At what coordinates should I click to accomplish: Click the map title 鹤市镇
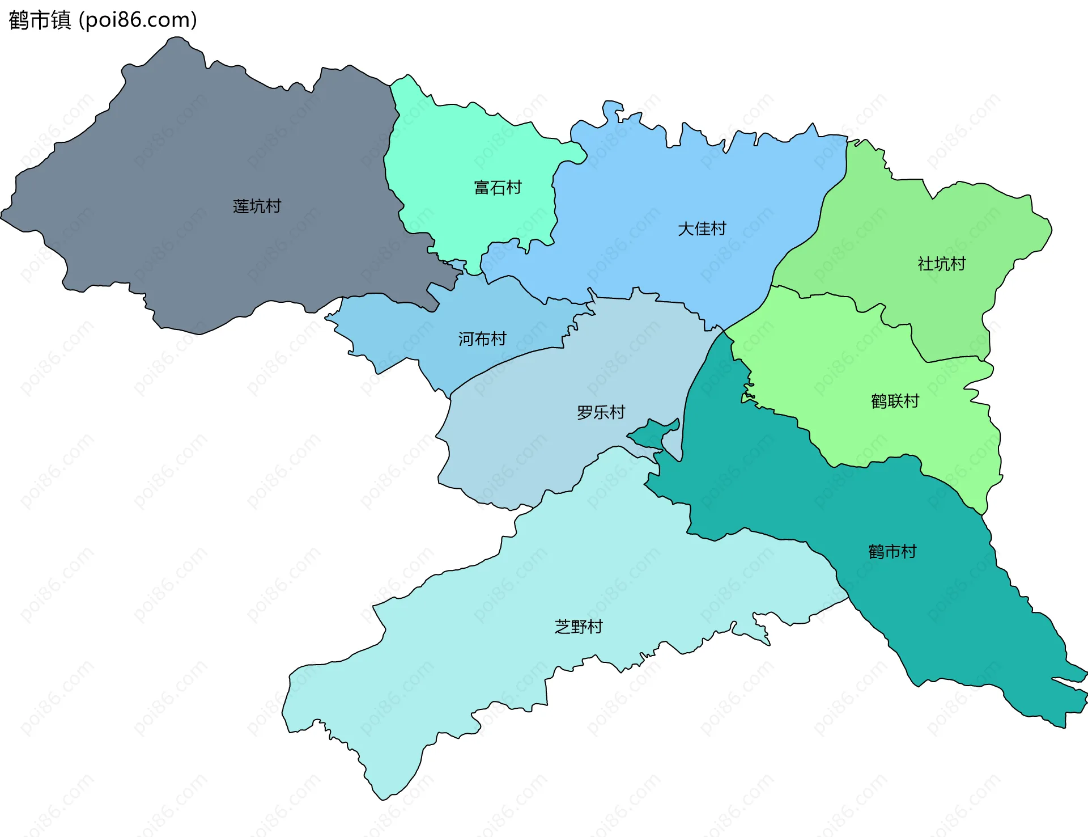click(x=40, y=20)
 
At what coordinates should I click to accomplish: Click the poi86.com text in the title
click(x=138, y=20)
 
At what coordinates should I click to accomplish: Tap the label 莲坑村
click(x=257, y=206)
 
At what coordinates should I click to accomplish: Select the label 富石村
click(x=498, y=187)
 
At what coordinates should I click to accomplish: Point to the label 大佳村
click(x=702, y=229)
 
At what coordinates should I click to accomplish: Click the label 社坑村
click(x=941, y=264)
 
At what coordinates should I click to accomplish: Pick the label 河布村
click(x=482, y=339)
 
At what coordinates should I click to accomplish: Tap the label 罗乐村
click(x=601, y=412)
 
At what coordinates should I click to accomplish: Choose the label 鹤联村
click(x=895, y=401)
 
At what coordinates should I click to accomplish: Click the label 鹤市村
click(x=892, y=552)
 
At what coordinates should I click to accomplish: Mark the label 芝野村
click(x=579, y=627)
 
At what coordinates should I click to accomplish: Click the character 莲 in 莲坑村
click(x=241, y=206)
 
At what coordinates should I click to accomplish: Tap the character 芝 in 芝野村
click(x=562, y=627)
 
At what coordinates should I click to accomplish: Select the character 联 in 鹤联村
click(x=895, y=401)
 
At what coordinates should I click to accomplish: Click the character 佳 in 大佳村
click(x=702, y=229)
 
